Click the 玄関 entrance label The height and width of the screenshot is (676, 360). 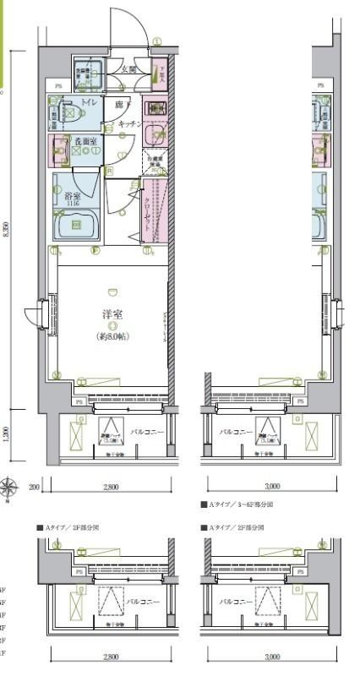pyautogui.click(x=128, y=70)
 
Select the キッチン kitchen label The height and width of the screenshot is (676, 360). pyautogui.click(x=128, y=123)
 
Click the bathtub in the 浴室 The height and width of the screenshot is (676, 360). pyautogui.click(x=75, y=225)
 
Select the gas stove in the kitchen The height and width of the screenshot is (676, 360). pyautogui.click(x=155, y=108)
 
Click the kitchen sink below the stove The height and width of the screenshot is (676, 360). pyautogui.click(x=155, y=134)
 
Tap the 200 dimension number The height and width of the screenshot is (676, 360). pyautogui.click(x=33, y=488)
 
